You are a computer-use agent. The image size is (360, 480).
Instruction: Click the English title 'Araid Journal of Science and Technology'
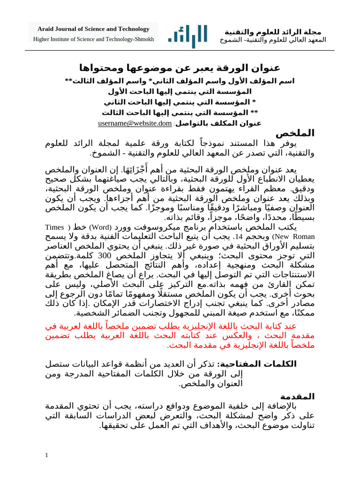tap(94, 29)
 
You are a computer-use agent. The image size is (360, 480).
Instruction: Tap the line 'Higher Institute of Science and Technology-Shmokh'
tap(94, 39)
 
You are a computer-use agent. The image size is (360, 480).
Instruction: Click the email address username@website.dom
tap(135, 124)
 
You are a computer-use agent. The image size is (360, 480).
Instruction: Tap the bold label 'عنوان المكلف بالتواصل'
tap(218, 124)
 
